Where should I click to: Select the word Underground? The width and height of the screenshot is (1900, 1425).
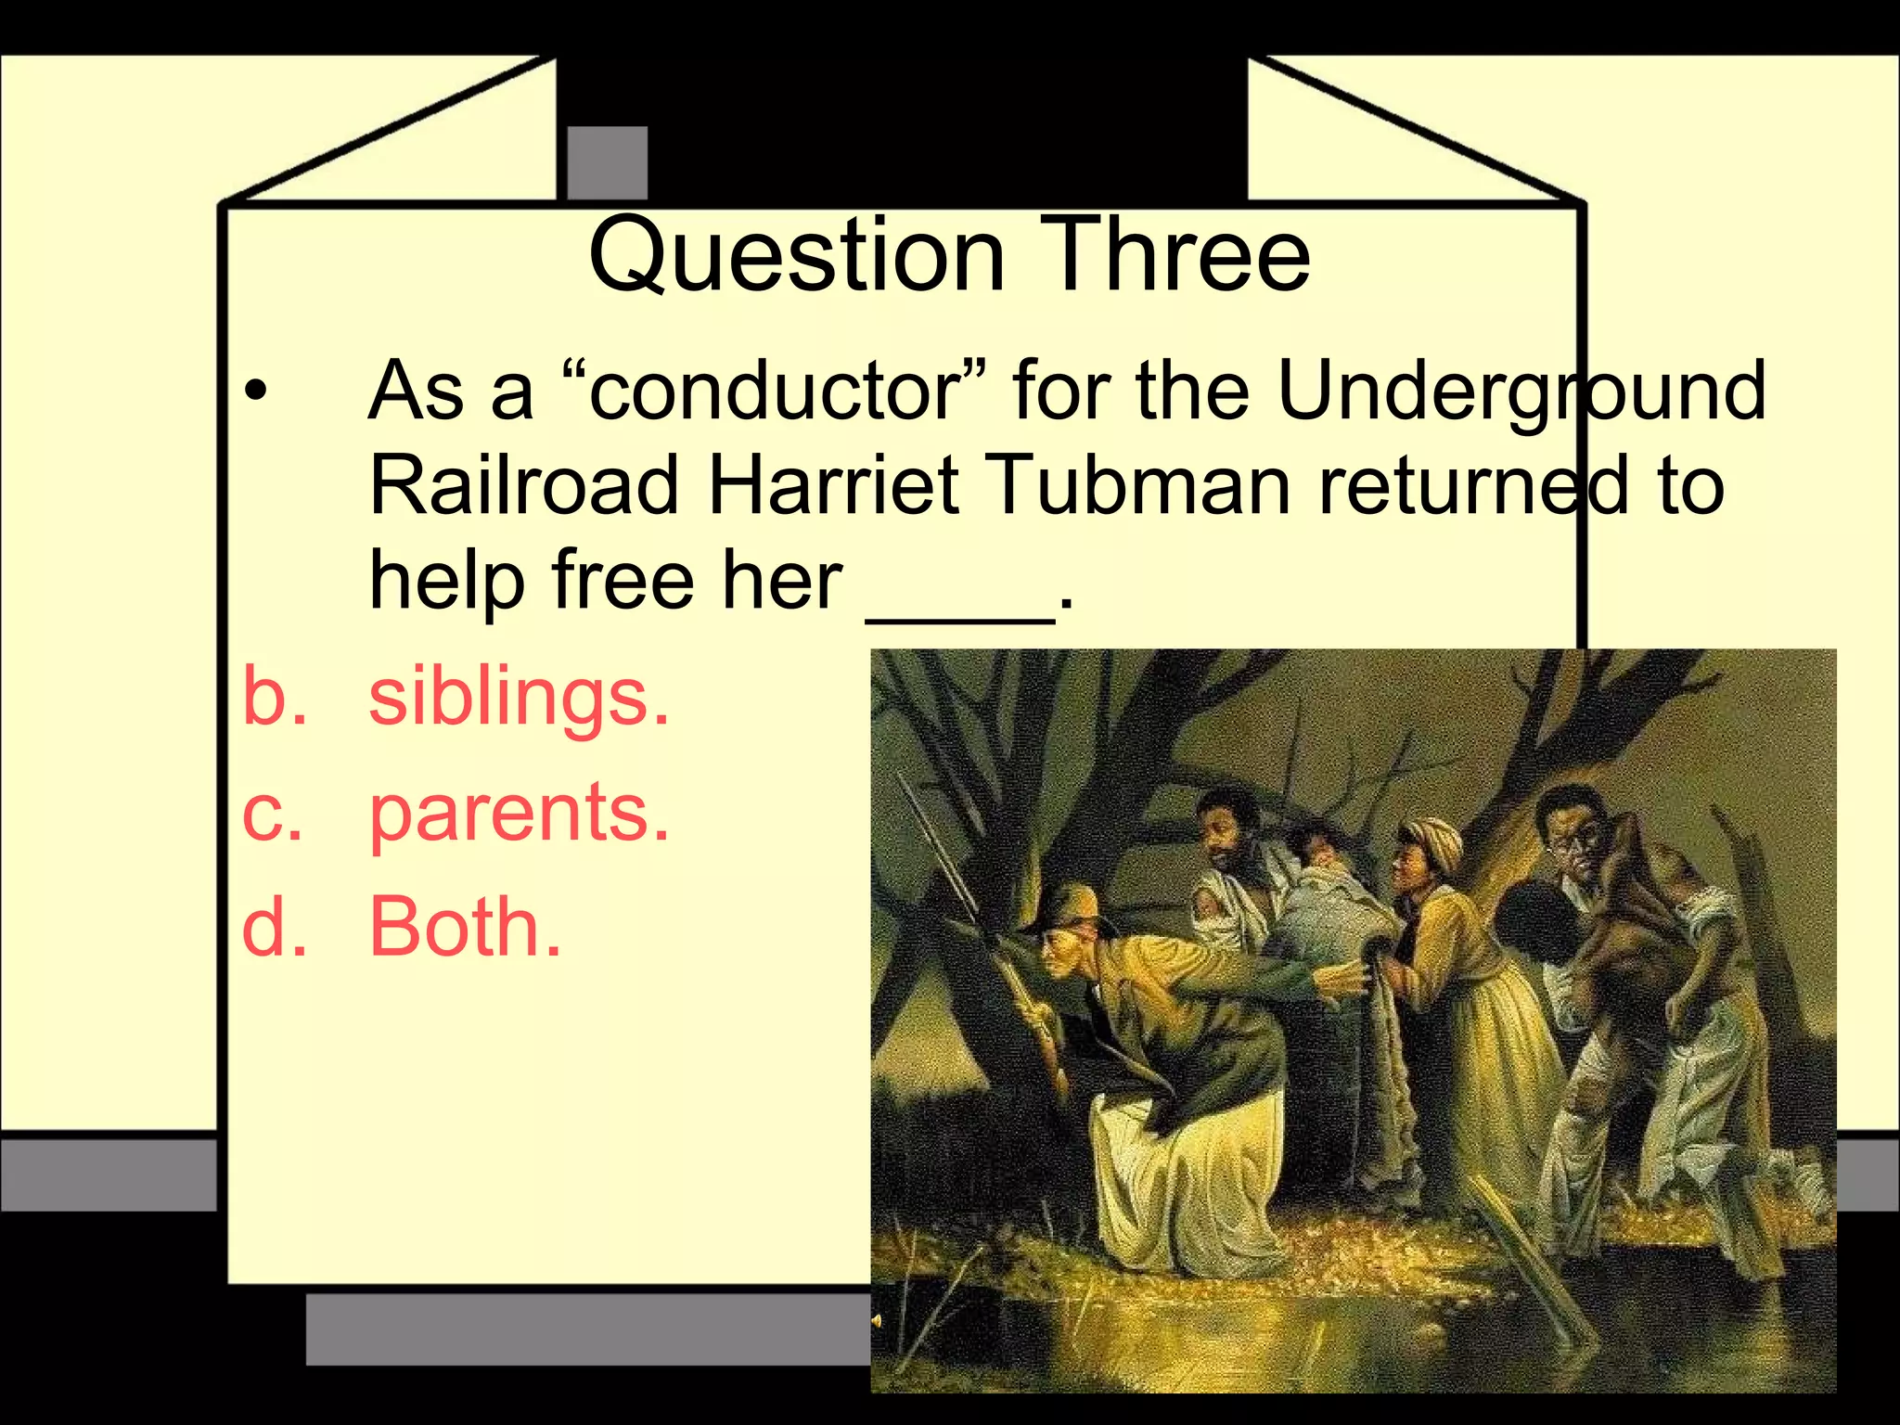[1521, 391]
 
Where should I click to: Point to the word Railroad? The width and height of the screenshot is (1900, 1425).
[524, 485]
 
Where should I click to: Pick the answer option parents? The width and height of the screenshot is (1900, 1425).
[518, 813]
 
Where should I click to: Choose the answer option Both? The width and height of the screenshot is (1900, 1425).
[465, 926]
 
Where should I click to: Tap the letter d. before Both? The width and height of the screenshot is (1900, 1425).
[274, 926]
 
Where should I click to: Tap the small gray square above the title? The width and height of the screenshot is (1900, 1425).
[607, 163]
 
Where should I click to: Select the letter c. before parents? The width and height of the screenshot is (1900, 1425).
[272, 813]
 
